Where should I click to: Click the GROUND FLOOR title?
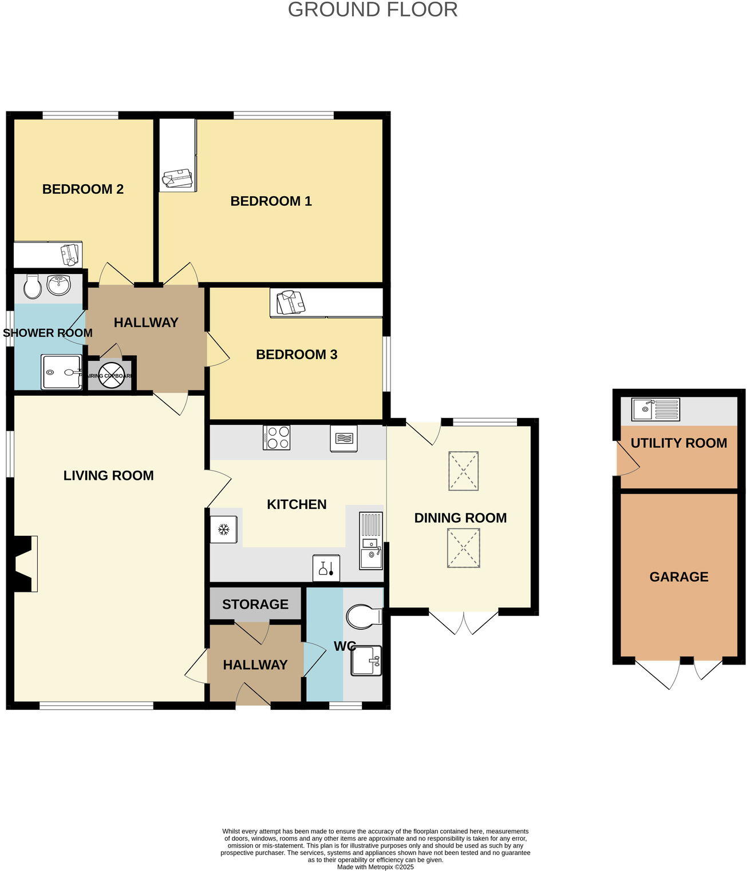tap(373, 10)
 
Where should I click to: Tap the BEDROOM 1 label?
tap(271, 201)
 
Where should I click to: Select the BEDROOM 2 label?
tap(83, 189)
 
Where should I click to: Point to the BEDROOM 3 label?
tap(297, 354)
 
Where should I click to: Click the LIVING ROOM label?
tap(108, 475)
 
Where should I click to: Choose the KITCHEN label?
tap(297, 504)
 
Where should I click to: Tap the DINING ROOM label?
tap(460, 518)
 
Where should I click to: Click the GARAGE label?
tap(679, 576)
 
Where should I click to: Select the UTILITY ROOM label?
tap(679, 443)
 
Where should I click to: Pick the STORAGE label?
tap(255, 604)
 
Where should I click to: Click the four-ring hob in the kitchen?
tap(277, 438)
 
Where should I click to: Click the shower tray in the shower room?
tap(61, 372)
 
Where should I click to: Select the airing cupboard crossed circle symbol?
tap(112, 375)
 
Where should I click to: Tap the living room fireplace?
tap(26, 563)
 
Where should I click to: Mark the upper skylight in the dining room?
tap(463, 471)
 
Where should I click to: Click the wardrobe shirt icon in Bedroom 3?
tap(291, 303)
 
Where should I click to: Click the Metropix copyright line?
tap(375, 867)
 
